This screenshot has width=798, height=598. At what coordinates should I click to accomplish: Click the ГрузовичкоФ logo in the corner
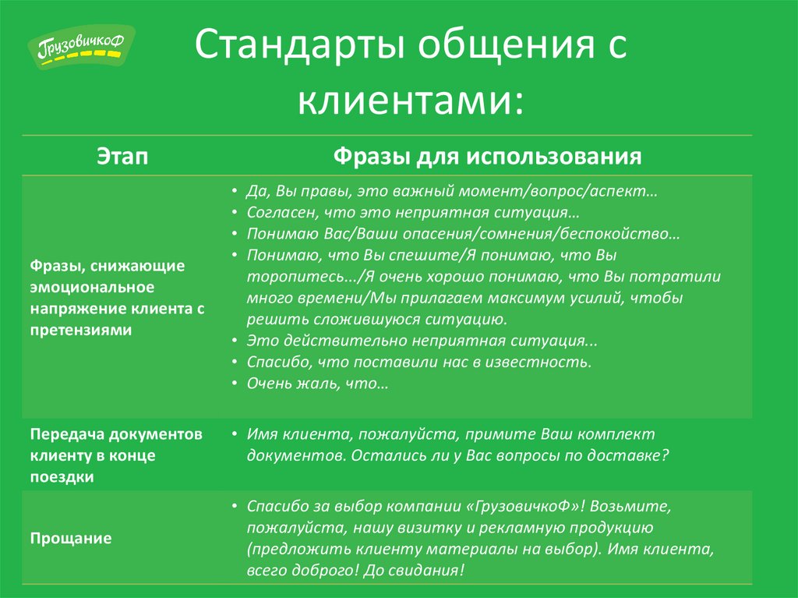[x=81, y=47]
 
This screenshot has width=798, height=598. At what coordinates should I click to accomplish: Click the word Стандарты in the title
[x=300, y=44]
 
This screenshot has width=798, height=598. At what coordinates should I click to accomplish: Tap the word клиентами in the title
[x=410, y=99]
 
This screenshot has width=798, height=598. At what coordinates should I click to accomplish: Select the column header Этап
[x=122, y=156]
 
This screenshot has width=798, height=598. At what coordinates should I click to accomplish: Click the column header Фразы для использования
[x=487, y=156]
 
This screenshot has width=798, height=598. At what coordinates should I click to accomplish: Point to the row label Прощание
[x=71, y=539]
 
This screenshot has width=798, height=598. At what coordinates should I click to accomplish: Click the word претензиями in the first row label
[x=81, y=330]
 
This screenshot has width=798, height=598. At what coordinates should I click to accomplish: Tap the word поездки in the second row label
[x=62, y=477]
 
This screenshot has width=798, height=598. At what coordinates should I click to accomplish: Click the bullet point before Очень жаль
[x=235, y=383]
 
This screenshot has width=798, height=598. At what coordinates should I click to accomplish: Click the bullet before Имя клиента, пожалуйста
[x=235, y=433]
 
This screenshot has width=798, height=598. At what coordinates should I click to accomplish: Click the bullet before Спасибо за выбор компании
[x=235, y=506]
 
